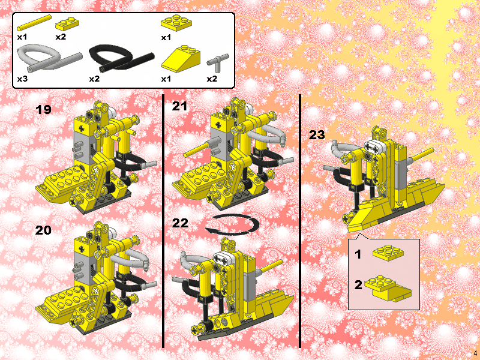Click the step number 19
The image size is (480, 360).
click(44, 110)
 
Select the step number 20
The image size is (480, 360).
click(44, 230)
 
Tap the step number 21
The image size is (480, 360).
click(180, 106)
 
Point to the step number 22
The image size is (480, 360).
click(180, 223)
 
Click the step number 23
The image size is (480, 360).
click(317, 135)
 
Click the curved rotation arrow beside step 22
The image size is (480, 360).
click(232, 224)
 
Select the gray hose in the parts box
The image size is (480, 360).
click(48, 59)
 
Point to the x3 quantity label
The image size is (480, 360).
click(23, 79)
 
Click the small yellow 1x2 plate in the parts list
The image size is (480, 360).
click(67, 24)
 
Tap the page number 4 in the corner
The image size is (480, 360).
click(475, 353)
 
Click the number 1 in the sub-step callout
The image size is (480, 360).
click(358, 254)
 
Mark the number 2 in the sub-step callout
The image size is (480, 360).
click(358, 284)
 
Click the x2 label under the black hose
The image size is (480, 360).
click(94, 79)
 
